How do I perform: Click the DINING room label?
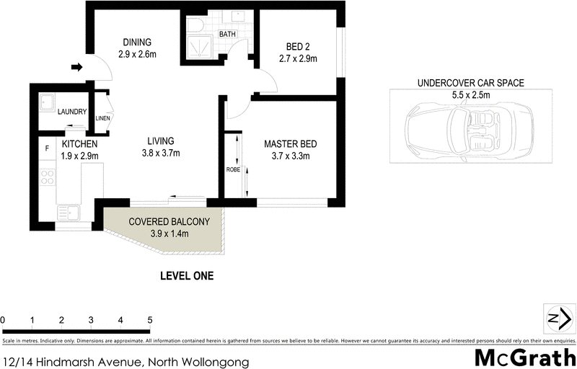coord(137,42)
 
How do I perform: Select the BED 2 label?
coord(294,49)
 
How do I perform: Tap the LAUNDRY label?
coord(73,112)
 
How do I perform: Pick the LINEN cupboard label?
coord(103,117)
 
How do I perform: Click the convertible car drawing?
coord(470,129)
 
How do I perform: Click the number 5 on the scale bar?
coord(149,319)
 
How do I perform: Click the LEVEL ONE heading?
coord(186,275)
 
